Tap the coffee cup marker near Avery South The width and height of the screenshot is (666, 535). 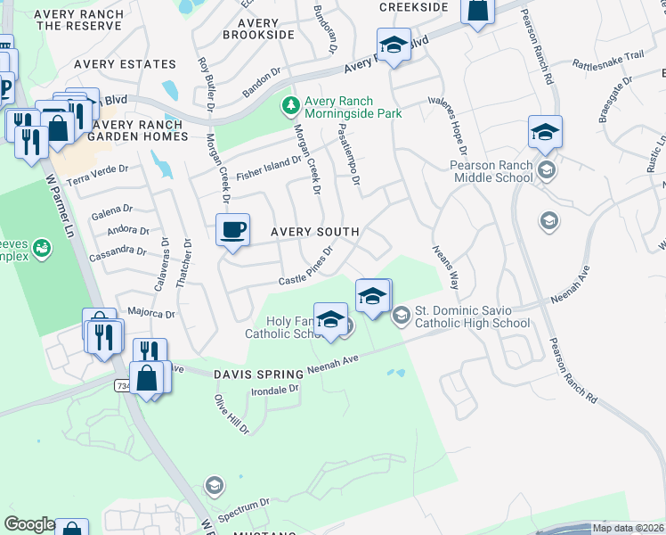click(232, 230)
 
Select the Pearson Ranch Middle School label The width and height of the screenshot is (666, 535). click(491, 171)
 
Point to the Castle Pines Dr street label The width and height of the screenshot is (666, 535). click(305, 267)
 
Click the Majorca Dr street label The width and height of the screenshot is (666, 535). click(152, 313)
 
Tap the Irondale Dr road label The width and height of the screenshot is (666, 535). click(273, 390)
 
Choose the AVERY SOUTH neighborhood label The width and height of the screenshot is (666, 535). click(315, 232)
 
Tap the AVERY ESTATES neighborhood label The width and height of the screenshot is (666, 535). click(126, 64)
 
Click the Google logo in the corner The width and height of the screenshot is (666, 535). click(29, 524)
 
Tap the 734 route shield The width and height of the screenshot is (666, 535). click(123, 384)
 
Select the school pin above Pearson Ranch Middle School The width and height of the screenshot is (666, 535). click(544, 133)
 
